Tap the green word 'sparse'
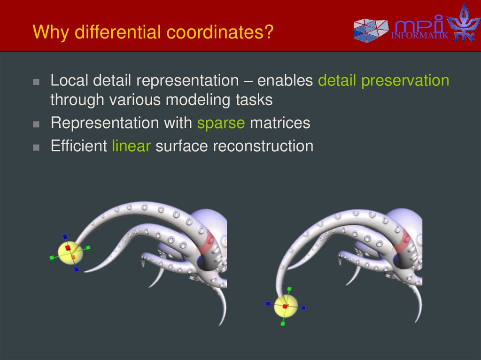[221, 123]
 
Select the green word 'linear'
[131, 146]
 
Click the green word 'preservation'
[405, 81]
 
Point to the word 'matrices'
[280, 123]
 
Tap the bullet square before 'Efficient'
[37, 147]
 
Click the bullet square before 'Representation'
[37, 124]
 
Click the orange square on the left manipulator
[73, 257]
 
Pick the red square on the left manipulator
[68, 247]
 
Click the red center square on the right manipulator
[285, 306]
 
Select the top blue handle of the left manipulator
[65, 237]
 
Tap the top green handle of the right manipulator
[289, 289]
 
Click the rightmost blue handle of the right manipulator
[303, 308]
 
